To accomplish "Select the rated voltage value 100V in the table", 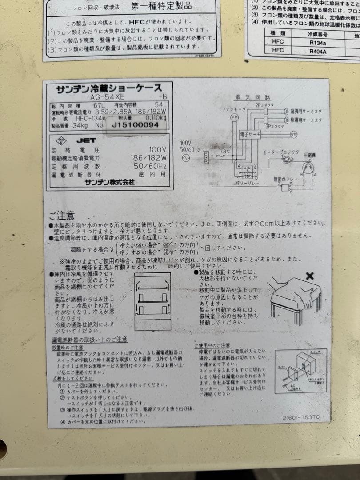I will click(x=157, y=150).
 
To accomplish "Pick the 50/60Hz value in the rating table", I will click(x=153, y=166).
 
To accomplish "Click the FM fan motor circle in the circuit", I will click(x=234, y=117).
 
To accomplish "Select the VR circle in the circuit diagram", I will click(x=293, y=134).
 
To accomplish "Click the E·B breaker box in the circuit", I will click(x=205, y=157).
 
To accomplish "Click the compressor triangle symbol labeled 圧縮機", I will click(x=306, y=168).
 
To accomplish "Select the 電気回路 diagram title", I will click(x=254, y=97).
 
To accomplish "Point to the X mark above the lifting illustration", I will click(x=310, y=276).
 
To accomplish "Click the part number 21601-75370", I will click(x=301, y=417).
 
